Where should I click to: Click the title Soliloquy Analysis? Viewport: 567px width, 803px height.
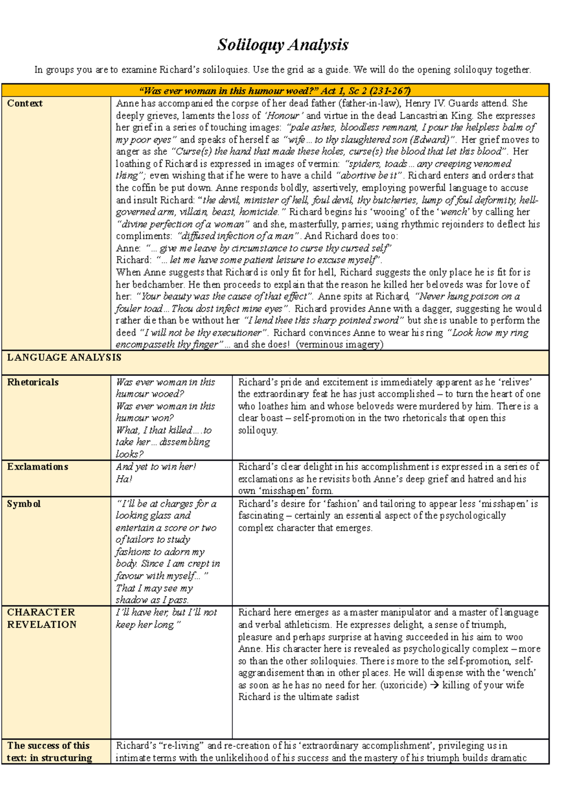point(283,45)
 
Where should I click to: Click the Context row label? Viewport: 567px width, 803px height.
point(25,104)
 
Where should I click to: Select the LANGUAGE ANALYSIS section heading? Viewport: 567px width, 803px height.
point(64,358)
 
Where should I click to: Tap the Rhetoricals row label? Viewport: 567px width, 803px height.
point(33,382)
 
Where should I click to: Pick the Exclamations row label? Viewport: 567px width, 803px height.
point(38,467)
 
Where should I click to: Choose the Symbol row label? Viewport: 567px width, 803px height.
point(24,504)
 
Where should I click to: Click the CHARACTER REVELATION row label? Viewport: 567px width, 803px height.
point(42,619)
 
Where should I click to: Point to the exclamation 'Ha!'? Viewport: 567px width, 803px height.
point(124,479)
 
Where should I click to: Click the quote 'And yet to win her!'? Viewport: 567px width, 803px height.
point(156,467)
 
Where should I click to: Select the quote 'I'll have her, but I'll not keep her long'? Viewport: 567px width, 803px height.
point(166,619)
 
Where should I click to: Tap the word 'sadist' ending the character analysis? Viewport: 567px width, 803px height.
point(347,697)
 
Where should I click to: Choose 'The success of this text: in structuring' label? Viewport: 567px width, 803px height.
point(49,751)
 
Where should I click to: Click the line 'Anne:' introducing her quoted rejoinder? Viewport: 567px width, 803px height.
point(128,248)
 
